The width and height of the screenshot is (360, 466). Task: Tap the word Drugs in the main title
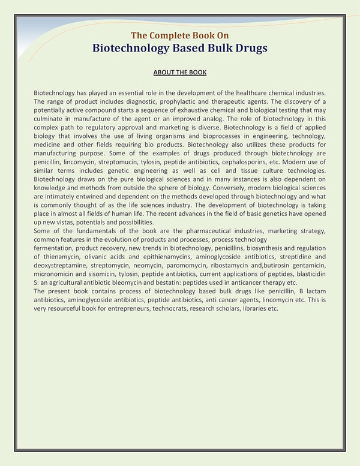point(246,48)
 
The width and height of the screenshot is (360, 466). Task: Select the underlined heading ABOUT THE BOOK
point(180,73)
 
